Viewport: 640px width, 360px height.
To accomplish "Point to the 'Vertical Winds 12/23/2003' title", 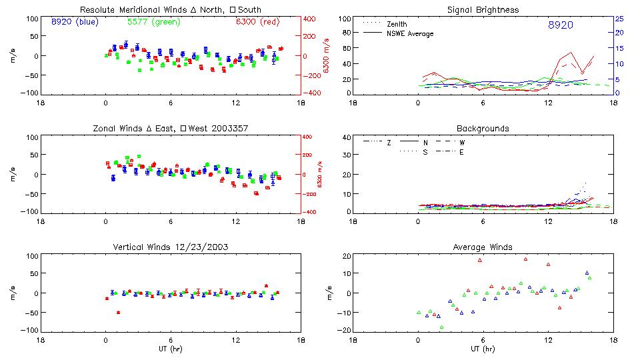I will point(171,247).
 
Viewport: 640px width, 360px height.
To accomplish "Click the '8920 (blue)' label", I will point(74,21).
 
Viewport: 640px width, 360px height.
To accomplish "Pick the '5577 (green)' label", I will point(152,21).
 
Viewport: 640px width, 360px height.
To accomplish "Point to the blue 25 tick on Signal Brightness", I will point(619,19).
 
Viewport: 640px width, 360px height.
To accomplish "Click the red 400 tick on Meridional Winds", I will point(310,19).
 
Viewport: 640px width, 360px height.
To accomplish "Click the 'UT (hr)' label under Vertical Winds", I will point(171,349).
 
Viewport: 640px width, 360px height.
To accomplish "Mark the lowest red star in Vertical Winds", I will point(118,312).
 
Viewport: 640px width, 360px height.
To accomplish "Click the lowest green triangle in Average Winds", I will point(441,327).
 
